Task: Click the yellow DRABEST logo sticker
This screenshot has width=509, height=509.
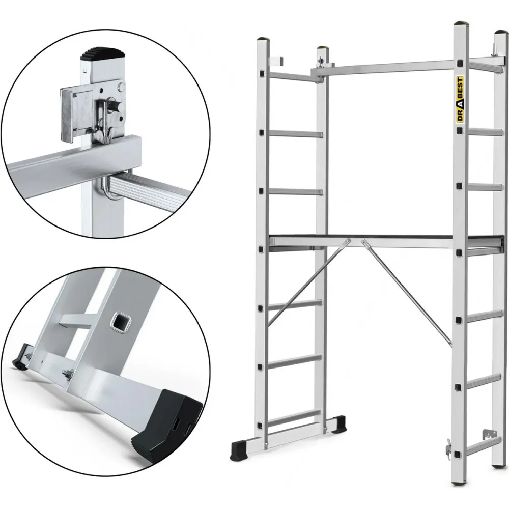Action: [460, 100]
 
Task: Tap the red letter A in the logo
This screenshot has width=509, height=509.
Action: [460, 103]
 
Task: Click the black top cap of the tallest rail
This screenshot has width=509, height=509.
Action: [461, 24]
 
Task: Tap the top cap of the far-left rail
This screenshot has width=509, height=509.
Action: [263, 39]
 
